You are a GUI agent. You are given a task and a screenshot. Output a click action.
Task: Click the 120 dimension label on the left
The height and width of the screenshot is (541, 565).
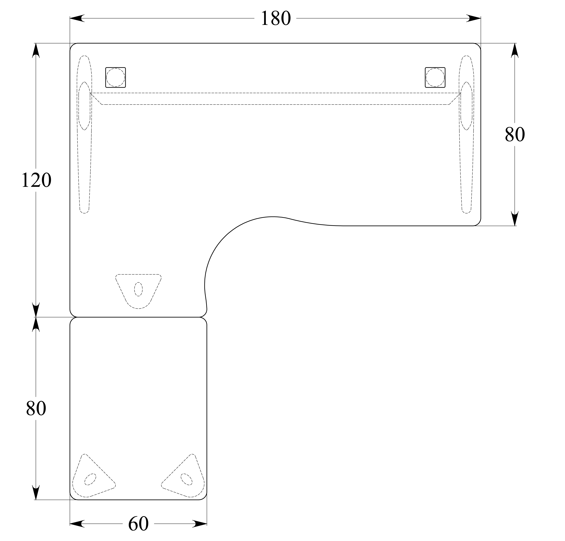point(36,181)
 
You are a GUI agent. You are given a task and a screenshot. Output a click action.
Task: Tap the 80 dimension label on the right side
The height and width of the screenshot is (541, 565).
point(515,135)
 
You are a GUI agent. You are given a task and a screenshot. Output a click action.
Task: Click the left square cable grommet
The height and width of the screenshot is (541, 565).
point(116,77)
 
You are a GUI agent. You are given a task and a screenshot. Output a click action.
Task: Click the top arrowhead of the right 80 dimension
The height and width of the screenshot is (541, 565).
point(515,51)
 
